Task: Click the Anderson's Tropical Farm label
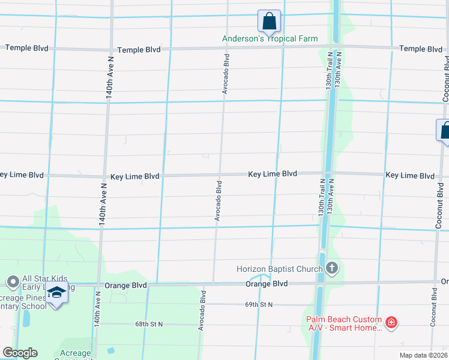click(270, 39)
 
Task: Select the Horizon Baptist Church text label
click(279, 269)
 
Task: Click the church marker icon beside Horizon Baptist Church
click(332, 268)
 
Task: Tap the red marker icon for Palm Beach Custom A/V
click(391, 323)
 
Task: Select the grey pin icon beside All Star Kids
click(12, 281)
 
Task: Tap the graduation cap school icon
click(56, 294)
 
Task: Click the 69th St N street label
click(259, 305)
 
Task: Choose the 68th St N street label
click(149, 324)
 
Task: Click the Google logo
click(20, 353)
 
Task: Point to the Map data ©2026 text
click(423, 355)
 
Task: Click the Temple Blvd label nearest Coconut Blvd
click(421, 49)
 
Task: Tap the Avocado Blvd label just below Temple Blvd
click(226, 73)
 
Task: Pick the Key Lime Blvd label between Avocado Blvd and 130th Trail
click(273, 173)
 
